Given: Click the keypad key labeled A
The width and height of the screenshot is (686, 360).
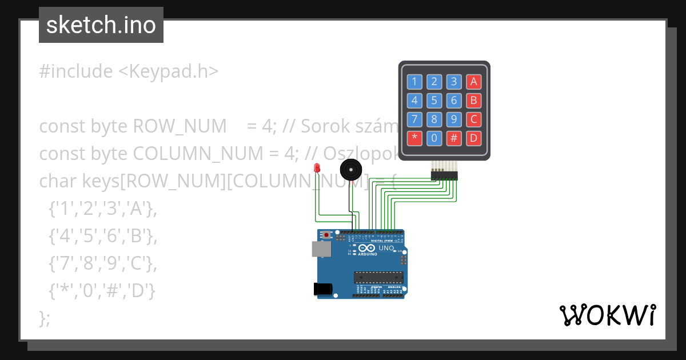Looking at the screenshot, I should tap(473, 82).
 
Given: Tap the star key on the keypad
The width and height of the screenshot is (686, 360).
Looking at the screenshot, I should tap(414, 138).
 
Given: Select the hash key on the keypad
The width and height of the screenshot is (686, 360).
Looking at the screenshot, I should tap(453, 138).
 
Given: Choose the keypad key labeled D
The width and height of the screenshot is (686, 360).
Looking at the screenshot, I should tap(473, 138).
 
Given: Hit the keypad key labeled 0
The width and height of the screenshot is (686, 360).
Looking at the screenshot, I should tap(434, 138).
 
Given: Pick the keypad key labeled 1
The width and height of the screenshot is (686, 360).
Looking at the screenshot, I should tap(414, 82).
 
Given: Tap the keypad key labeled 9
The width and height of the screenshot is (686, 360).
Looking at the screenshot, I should tap(453, 119).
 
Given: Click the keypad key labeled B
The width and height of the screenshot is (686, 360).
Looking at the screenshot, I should tap(473, 101).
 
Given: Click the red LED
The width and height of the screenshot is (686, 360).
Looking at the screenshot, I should tap(317, 167).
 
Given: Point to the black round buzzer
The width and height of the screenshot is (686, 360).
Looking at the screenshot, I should tap(350, 170).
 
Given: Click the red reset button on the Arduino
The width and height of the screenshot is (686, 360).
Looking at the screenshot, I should tap(326, 235).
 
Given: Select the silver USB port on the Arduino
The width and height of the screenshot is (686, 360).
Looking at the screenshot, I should tap(321, 249).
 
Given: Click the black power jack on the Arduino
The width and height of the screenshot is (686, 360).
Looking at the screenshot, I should tap(323, 289).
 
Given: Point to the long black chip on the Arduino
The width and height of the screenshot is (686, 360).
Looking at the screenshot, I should tap(378, 277).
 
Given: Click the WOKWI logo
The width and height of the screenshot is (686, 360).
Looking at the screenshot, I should tap(607, 315).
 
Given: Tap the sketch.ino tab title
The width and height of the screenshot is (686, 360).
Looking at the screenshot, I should tap(101, 25).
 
